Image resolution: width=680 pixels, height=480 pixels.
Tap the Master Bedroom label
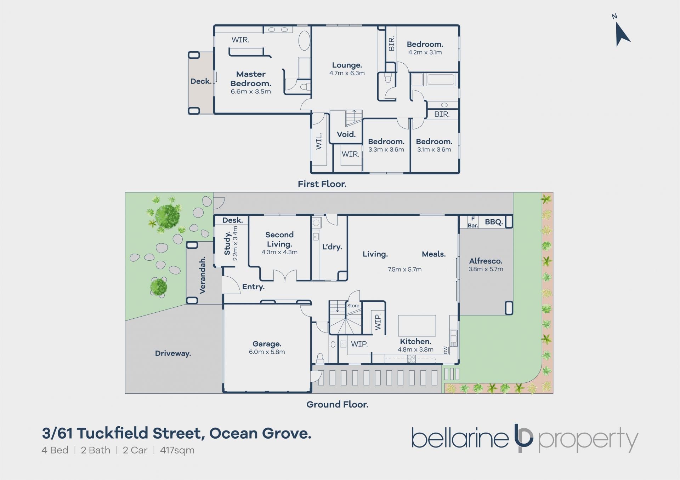click(251, 79)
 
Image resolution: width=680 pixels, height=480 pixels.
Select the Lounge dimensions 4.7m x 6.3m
click(347, 73)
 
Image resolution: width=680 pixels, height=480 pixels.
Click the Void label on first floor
click(346, 134)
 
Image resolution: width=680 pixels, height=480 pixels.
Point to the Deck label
click(201, 81)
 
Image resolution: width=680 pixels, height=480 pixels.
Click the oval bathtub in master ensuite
click(304, 41)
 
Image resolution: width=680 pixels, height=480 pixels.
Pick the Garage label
click(267, 344)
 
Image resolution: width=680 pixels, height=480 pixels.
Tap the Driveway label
click(173, 353)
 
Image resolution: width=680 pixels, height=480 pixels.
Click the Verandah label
click(202, 276)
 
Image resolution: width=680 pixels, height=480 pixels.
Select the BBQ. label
click(494, 222)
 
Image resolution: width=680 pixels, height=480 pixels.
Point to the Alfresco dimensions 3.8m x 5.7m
click(486, 269)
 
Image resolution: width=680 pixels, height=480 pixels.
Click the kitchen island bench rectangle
click(417, 325)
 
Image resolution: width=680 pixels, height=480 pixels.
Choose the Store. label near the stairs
click(353, 306)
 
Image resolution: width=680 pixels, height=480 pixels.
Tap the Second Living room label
click(279, 239)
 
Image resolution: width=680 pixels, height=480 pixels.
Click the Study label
click(227, 243)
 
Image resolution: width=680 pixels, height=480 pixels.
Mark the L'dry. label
click(332, 247)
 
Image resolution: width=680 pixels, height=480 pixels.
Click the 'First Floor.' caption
click(322, 184)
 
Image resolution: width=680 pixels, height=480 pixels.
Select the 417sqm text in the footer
click(177, 450)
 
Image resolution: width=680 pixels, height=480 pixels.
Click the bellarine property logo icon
click(523, 438)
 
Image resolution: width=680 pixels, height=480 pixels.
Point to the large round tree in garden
click(167, 216)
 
